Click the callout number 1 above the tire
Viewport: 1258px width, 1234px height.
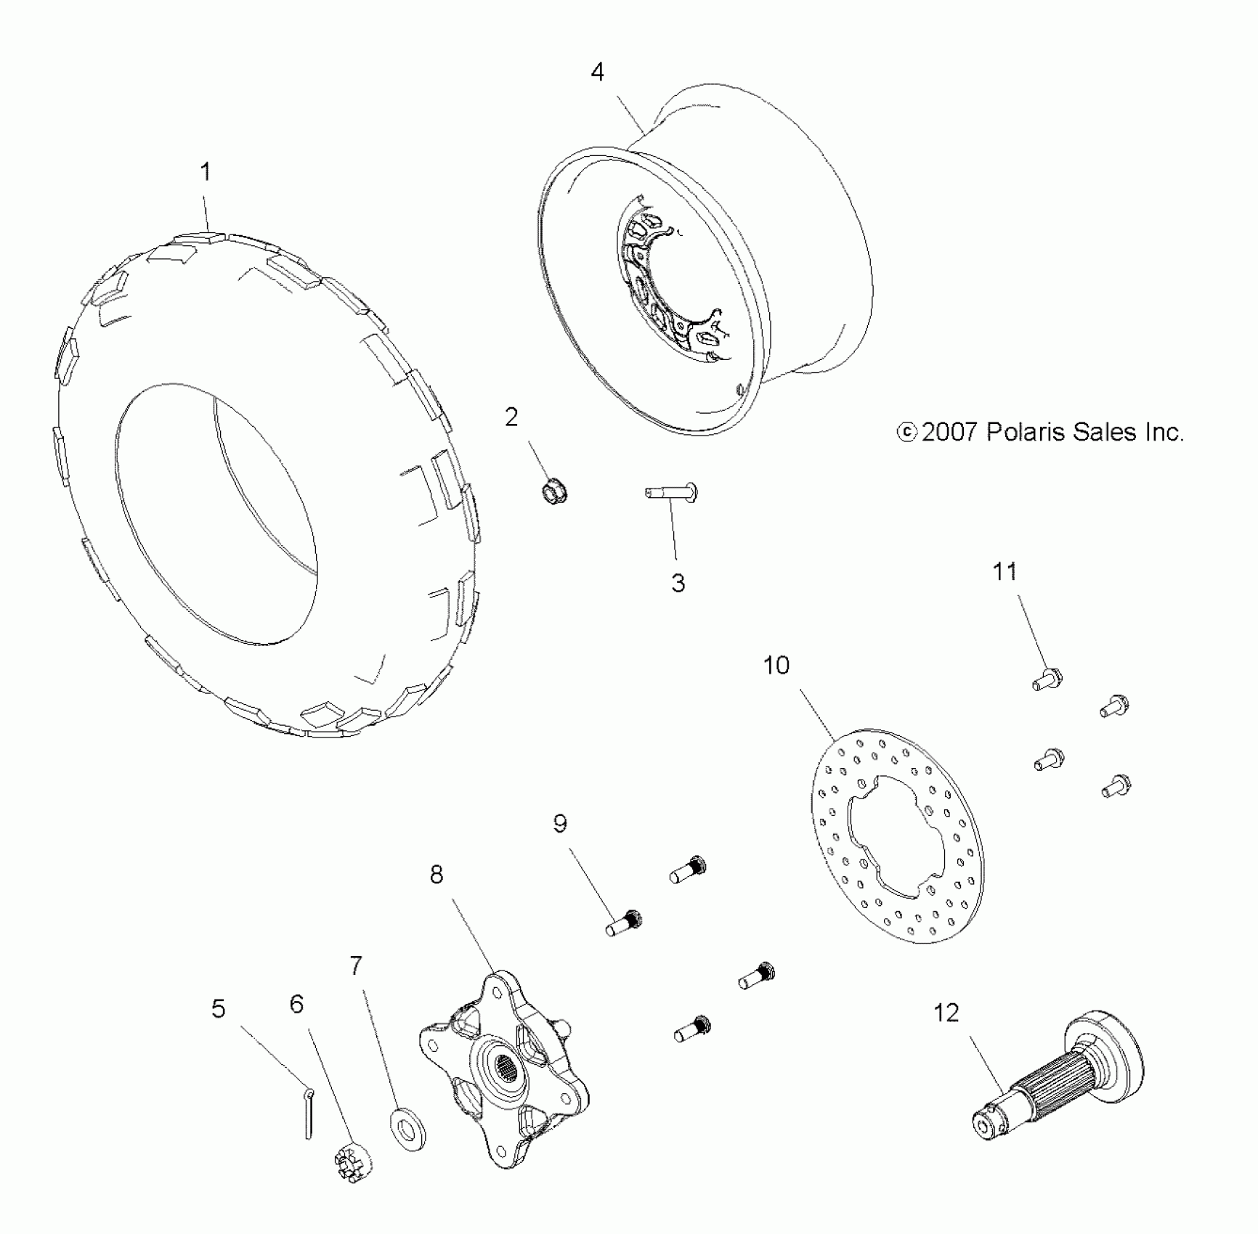click(x=206, y=172)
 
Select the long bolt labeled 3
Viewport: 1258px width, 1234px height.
click(x=672, y=494)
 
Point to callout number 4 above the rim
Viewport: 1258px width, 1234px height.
click(x=597, y=72)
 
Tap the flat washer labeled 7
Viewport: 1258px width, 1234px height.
click(x=408, y=1129)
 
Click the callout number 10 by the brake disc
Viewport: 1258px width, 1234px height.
click(x=776, y=665)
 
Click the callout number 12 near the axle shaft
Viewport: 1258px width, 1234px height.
click(x=946, y=1013)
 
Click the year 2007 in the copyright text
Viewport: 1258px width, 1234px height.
click(x=949, y=433)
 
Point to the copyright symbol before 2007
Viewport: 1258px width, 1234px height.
click(x=906, y=433)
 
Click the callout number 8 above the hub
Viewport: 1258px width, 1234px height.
click(x=436, y=875)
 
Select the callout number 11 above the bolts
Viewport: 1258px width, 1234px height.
click(x=1005, y=572)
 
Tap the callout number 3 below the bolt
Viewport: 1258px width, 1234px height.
click(x=678, y=583)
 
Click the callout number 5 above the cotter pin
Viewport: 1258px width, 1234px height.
click(x=219, y=1009)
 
